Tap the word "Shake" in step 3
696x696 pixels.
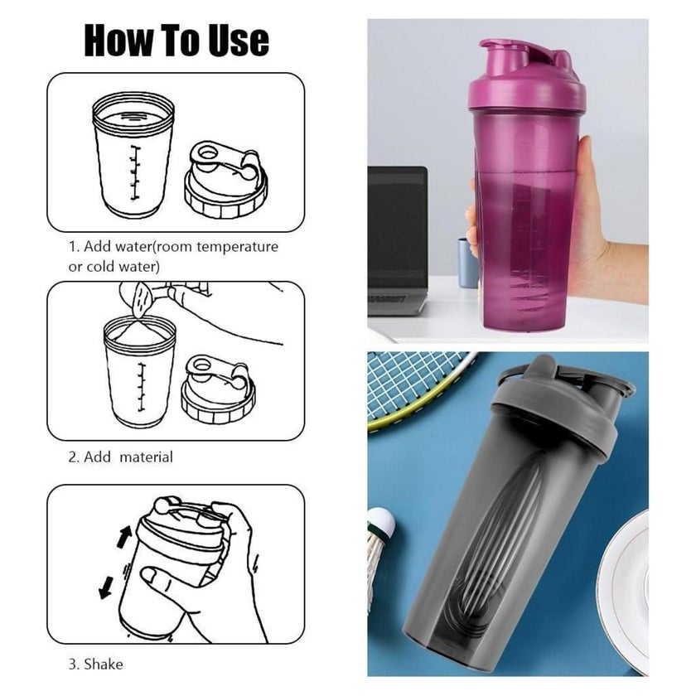point(104,664)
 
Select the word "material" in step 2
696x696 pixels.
point(146,457)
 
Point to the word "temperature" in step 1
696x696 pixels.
point(237,247)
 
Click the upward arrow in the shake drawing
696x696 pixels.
point(125,536)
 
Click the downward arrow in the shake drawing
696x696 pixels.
point(106,587)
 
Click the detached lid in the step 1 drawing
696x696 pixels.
point(226,180)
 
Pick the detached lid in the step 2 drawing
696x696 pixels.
point(218,389)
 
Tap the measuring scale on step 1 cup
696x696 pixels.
point(134,172)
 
